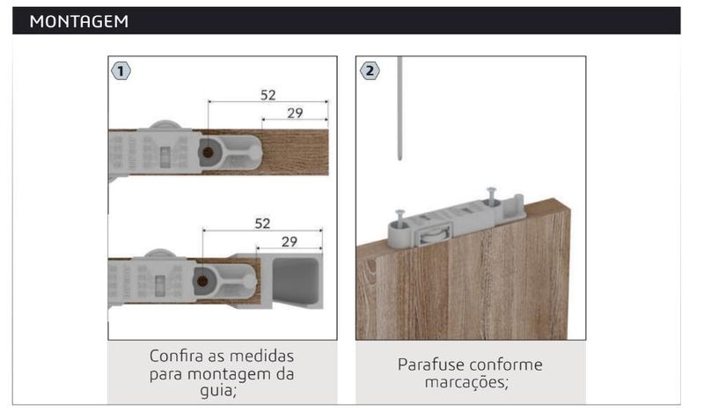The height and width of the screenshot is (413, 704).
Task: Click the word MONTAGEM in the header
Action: (x=79, y=21)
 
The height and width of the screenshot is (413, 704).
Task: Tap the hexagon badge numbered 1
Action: (x=121, y=71)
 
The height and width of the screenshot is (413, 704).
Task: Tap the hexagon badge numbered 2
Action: (x=370, y=71)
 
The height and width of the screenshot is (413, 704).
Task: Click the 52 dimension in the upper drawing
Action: (x=268, y=95)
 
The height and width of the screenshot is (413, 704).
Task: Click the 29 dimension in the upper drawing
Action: (x=295, y=113)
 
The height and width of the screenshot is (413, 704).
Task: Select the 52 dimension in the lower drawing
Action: (x=262, y=224)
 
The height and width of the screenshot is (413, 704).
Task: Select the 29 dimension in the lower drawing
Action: (x=290, y=242)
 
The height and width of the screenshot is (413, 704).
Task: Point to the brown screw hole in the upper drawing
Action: (x=208, y=152)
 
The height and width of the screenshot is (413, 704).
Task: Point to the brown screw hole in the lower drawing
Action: (x=202, y=281)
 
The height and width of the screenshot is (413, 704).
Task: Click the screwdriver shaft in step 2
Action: (x=400, y=107)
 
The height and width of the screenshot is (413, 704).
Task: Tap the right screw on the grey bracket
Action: (x=492, y=195)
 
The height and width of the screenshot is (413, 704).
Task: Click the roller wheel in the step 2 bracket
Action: (x=433, y=236)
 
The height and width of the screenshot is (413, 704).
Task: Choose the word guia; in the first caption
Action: (x=218, y=390)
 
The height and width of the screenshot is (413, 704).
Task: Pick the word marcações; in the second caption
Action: (x=466, y=382)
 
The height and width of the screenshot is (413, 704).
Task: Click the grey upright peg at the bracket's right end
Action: (x=518, y=204)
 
